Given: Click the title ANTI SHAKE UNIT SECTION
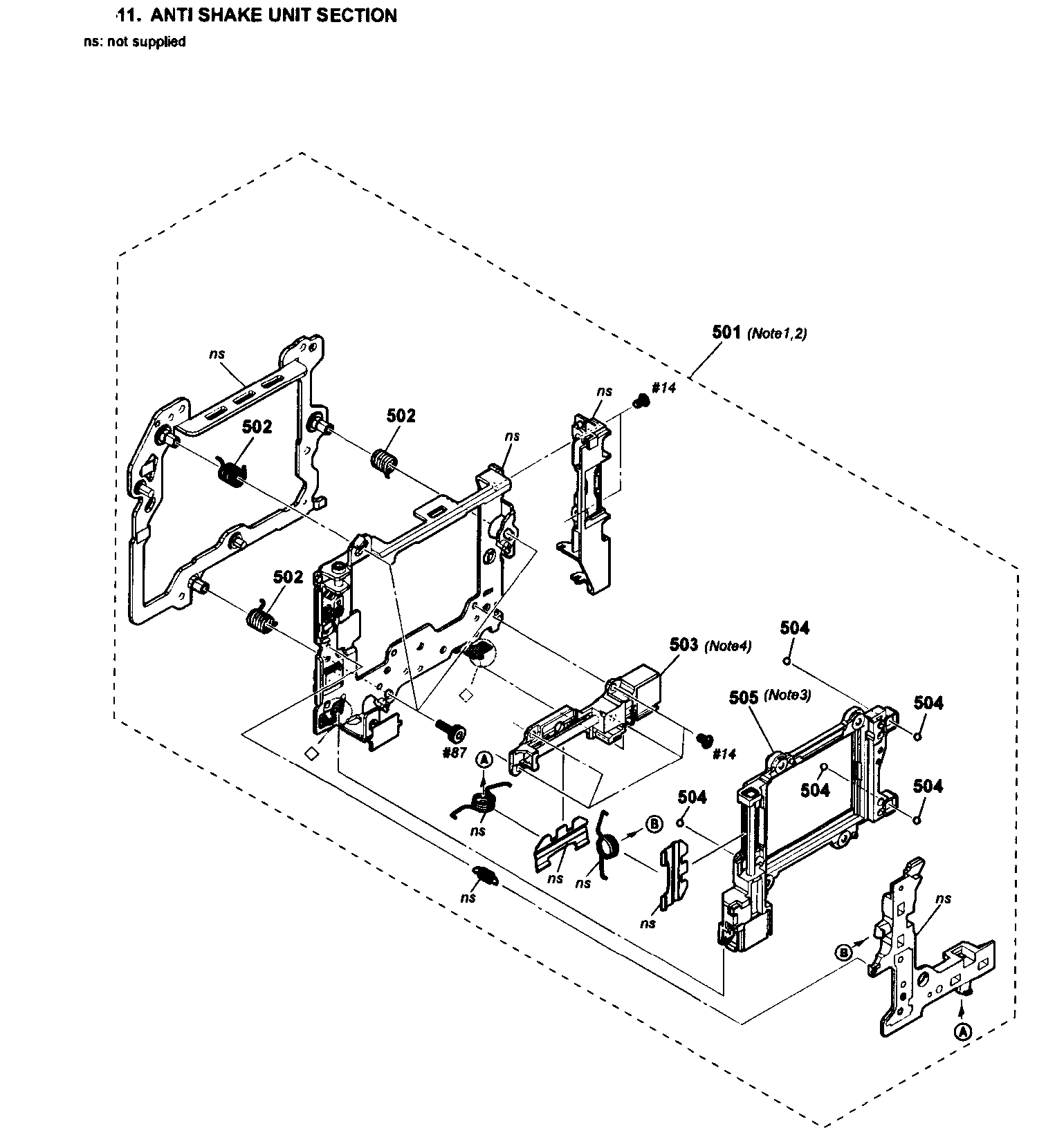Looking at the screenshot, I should (273, 15).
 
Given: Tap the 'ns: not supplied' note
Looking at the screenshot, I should (134, 41).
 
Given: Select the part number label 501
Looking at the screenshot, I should (726, 332).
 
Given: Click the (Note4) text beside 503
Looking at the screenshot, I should (727, 646).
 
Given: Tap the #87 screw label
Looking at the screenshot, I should (455, 753).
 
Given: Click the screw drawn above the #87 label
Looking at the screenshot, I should (451, 726).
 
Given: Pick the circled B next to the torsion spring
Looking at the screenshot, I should (654, 824).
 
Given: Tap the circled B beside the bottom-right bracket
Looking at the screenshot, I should (843, 952).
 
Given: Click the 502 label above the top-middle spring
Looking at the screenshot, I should (401, 415).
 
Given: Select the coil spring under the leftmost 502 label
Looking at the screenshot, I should (232, 473).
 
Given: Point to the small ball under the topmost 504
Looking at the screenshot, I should (787, 661).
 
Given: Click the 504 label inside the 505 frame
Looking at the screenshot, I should (815, 789).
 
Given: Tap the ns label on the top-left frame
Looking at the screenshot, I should (217, 353).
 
